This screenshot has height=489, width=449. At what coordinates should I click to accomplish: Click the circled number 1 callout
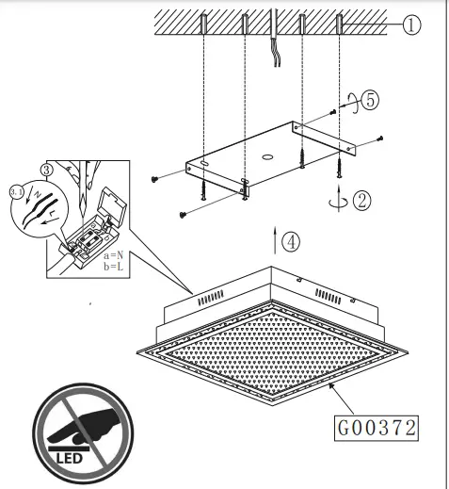pyautogui.click(x=410, y=25)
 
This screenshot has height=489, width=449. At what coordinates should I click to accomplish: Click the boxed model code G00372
pyautogui.click(x=376, y=427)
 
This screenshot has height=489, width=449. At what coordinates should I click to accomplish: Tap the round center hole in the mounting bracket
pyautogui.click(x=268, y=156)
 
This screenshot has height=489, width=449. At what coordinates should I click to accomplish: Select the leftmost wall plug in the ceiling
pyautogui.click(x=204, y=24)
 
